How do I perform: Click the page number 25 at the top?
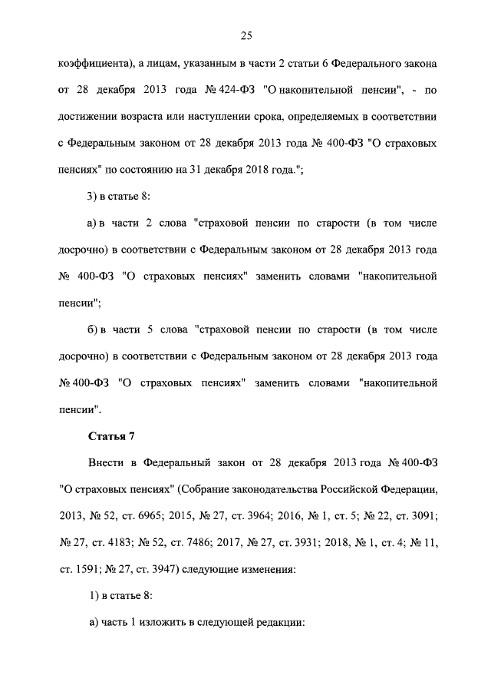(x=245, y=35)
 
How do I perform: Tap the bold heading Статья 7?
(x=112, y=437)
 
